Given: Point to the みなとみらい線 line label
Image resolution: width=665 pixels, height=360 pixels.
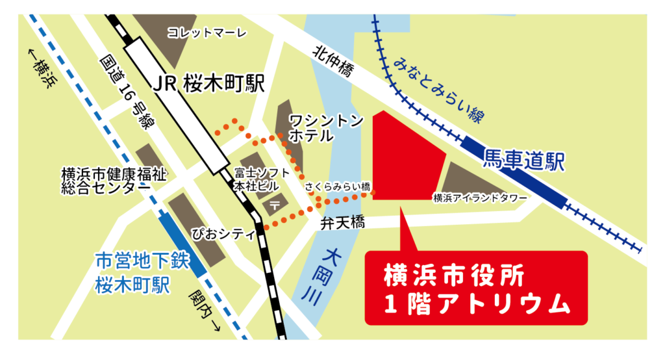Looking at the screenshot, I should (x=439, y=90).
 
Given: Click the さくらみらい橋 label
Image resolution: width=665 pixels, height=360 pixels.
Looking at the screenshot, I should (x=338, y=187).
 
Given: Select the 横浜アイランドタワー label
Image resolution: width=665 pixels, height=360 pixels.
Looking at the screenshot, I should (x=480, y=198).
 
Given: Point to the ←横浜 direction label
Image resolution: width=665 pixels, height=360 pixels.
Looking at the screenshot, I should (x=41, y=68).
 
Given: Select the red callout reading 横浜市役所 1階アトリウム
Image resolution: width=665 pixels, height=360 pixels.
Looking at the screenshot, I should (x=476, y=287).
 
